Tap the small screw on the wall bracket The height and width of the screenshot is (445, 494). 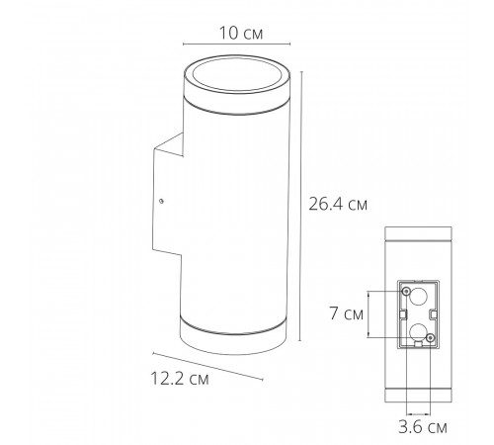[x=160, y=201]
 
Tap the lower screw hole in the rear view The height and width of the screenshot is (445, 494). [x=430, y=340]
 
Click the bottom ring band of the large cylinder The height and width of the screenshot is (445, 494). [x=234, y=334]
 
